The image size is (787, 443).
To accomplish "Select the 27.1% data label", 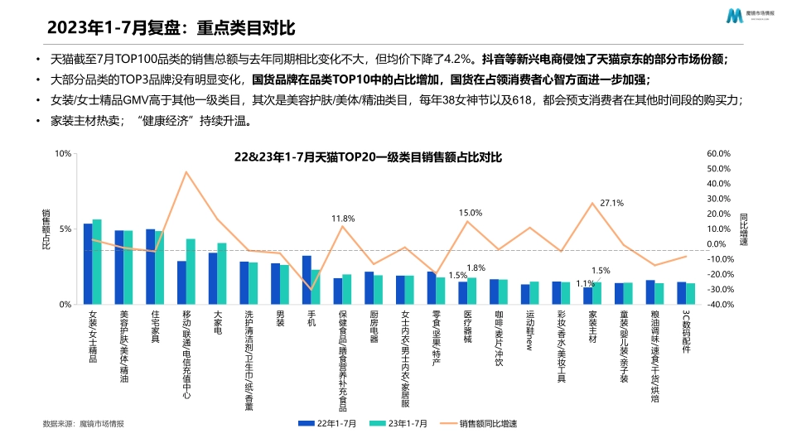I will click(611, 203).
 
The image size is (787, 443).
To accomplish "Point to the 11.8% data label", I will click(343, 219).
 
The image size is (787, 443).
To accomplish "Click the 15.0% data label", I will click(471, 213).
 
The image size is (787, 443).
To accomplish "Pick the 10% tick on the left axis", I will click(64, 154).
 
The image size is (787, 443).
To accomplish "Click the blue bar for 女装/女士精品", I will click(88, 264).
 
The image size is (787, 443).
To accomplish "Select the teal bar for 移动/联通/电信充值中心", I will click(191, 272).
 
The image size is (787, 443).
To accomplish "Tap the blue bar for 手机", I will click(307, 280).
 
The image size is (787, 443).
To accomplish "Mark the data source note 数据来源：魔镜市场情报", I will click(83, 423).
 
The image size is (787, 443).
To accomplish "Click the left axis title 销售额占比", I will click(46, 229).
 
